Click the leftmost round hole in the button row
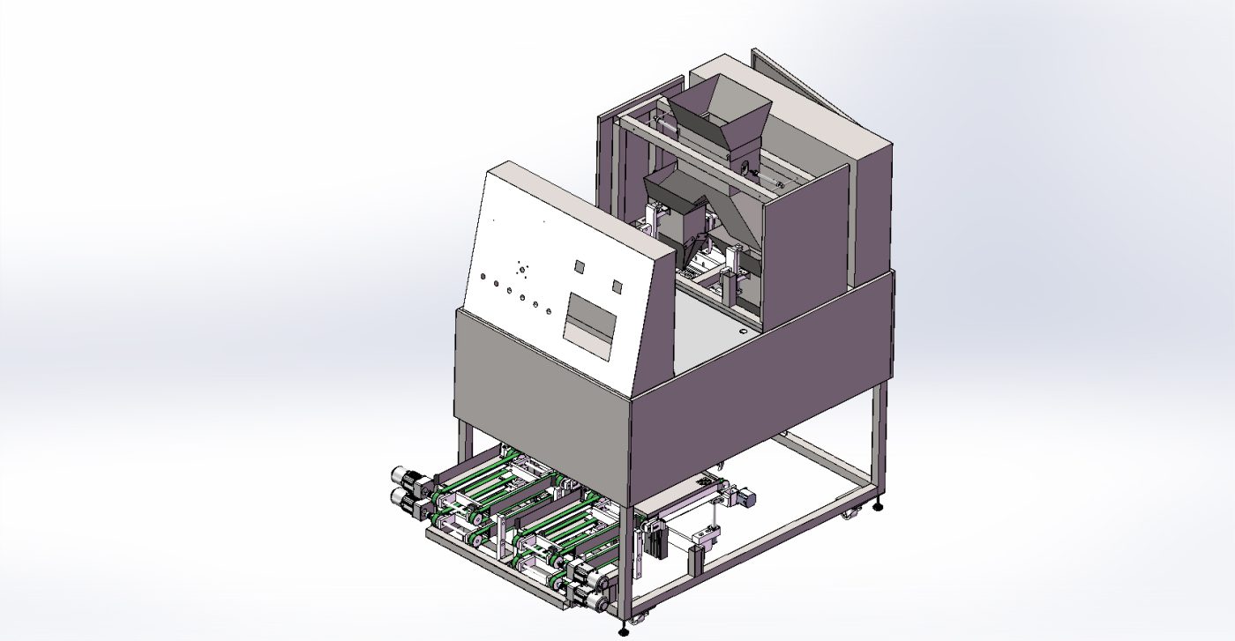click(483, 278)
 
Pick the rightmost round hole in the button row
click(549, 311)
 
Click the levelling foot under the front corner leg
click(625, 630)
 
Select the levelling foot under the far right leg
click(879, 506)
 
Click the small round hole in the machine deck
click(742, 332)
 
